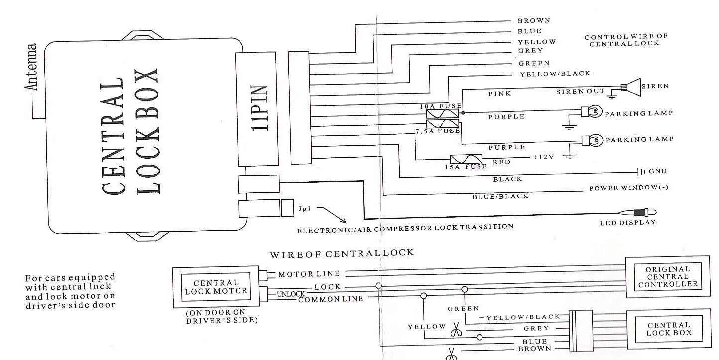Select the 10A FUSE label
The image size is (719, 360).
(440, 106)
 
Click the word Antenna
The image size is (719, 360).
(32, 67)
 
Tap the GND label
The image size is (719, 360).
(657, 171)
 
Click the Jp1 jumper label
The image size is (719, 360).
(305, 208)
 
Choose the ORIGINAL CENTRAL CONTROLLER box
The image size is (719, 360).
(667, 277)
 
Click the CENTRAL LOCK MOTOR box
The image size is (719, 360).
(216, 287)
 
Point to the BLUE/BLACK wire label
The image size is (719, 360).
(500, 196)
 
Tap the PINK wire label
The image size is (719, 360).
(499, 93)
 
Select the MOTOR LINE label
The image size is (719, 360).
(309, 274)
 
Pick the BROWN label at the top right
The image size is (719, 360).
(534, 21)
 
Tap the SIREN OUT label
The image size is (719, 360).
(580, 91)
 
